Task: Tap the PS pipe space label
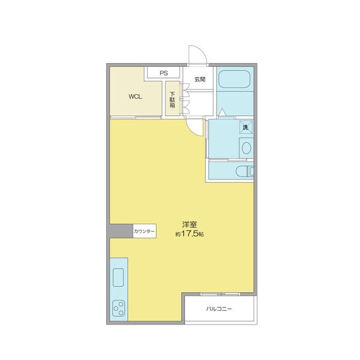(163, 73)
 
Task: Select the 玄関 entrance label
(200, 79)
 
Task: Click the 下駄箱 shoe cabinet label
(173, 100)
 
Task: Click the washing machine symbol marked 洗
(245, 127)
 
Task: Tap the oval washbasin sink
(245, 148)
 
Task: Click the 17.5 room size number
(189, 235)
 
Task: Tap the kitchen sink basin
(118, 278)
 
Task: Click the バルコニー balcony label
(219, 310)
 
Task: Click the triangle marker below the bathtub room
(222, 112)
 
